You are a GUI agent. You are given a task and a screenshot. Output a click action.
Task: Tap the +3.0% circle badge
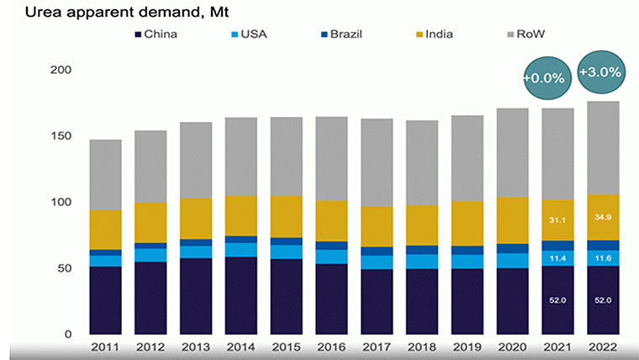click(600, 72)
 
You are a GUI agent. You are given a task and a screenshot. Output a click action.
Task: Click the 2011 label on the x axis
click(106, 347)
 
